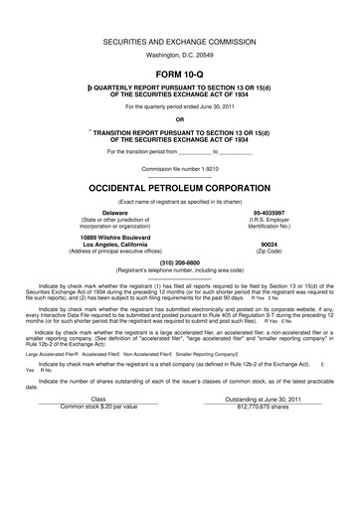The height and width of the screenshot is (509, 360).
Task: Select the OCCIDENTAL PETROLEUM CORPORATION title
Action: click(x=180, y=187)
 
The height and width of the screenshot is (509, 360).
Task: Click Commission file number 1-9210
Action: click(x=180, y=169)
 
